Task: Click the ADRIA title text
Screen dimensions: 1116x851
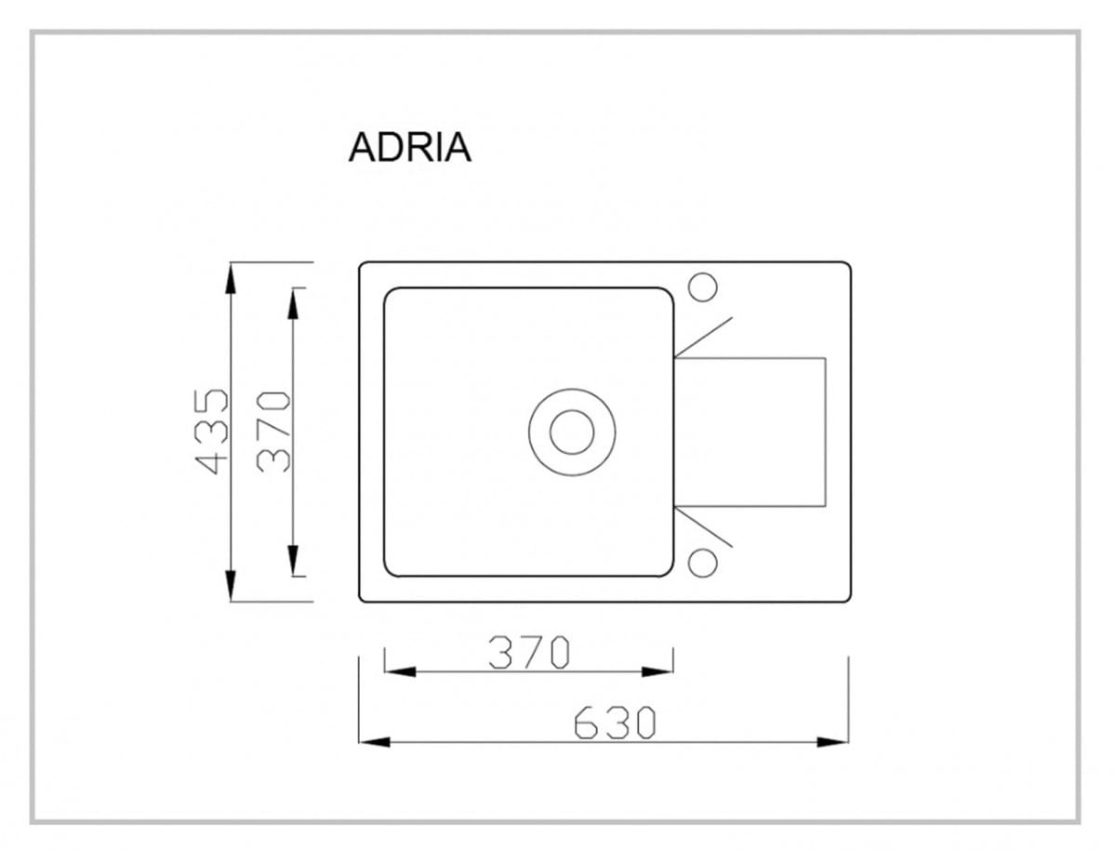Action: tap(409, 148)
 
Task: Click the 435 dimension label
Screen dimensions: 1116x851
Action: tap(211, 432)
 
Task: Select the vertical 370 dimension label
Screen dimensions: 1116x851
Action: tap(273, 432)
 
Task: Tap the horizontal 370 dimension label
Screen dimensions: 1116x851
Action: tap(529, 652)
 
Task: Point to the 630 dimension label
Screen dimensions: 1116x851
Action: tap(615, 723)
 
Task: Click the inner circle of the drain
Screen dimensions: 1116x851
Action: tap(572, 432)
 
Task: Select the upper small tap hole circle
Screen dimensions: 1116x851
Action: tap(703, 287)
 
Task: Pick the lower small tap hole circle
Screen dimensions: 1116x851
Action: tap(703, 563)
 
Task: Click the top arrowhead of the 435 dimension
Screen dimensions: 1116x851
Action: tap(231, 279)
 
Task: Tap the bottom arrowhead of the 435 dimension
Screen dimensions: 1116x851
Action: tap(231, 586)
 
